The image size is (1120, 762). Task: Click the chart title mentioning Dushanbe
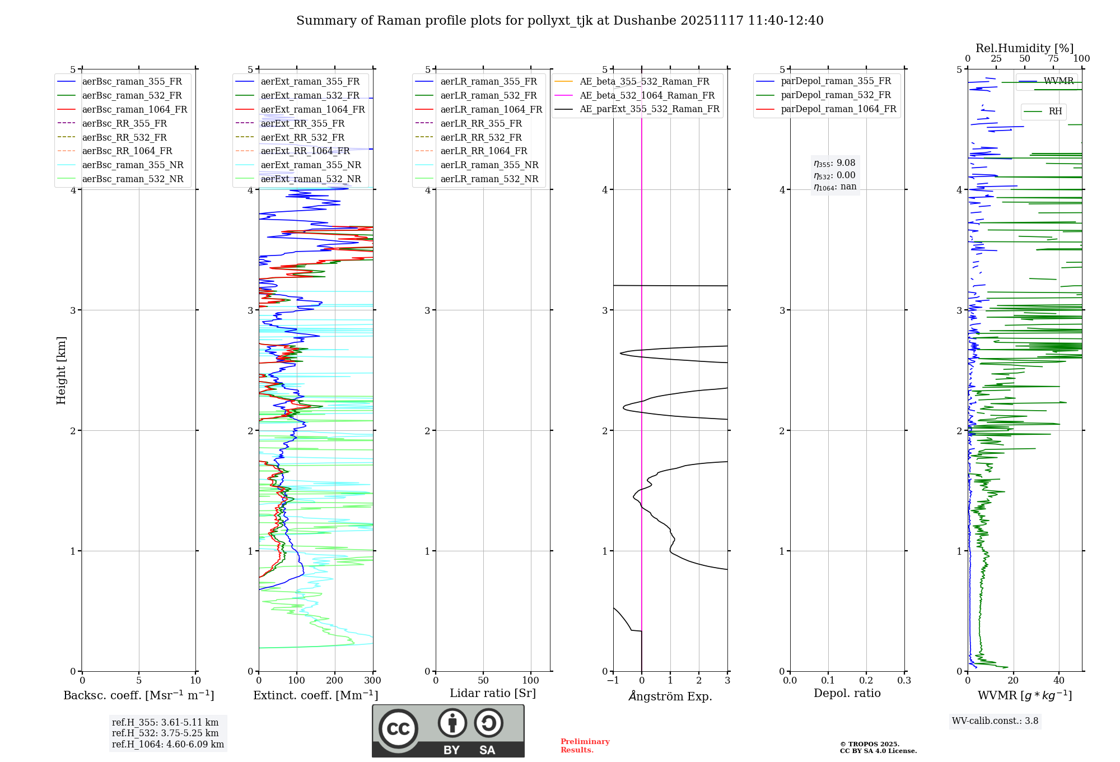pyautogui.click(x=559, y=21)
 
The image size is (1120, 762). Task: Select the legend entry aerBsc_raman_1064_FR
pyautogui.click(x=134, y=109)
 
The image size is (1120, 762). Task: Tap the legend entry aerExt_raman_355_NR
pyautogui.click(x=311, y=165)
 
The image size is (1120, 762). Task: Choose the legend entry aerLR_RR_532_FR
pyautogui.click(x=481, y=137)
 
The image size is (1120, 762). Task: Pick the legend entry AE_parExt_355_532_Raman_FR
pyautogui.click(x=650, y=109)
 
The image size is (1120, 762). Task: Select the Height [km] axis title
pyautogui.click(x=61, y=370)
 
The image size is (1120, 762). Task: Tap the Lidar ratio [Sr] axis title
pyautogui.click(x=493, y=693)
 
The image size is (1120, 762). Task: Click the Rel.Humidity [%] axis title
pyautogui.click(x=1024, y=48)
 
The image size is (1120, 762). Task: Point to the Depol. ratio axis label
pyautogui.click(x=847, y=693)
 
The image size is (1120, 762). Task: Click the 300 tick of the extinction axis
pyautogui.click(x=372, y=681)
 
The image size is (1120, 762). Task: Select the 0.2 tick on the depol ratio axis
pyautogui.click(x=866, y=681)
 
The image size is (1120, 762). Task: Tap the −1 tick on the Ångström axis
pyautogui.click(x=612, y=681)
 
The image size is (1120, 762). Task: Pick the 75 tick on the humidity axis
pyautogui.click(x=1053, y=59)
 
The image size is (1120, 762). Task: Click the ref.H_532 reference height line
pyautogui.click(x=165, y=733)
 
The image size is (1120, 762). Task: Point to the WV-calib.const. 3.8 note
pyautogui.click(x=995, y=721)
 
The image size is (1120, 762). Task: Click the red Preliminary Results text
pyautogui.click(x=585, y=746)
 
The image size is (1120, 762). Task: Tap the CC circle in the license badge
pyautogui.click(x=398, y=728)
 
